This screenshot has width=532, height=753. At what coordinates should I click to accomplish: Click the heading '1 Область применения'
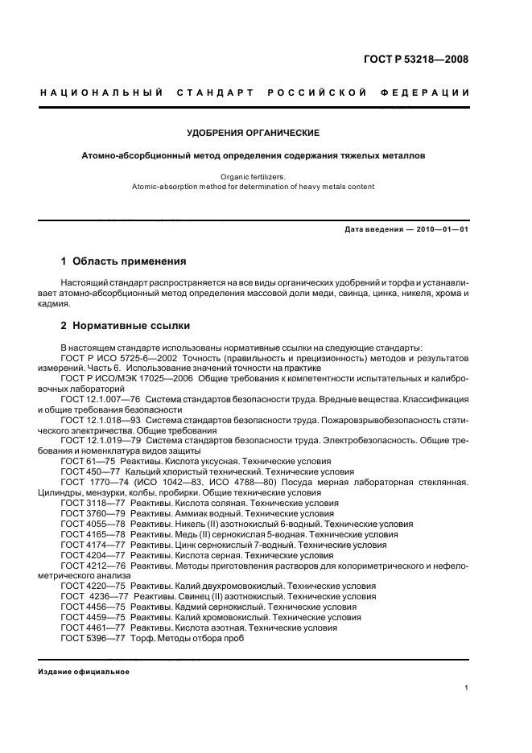tap(124, 261)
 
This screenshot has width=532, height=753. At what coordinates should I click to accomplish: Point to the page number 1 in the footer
tap(467, 688)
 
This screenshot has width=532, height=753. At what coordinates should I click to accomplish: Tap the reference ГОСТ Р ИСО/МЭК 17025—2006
tap(130, 377)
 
